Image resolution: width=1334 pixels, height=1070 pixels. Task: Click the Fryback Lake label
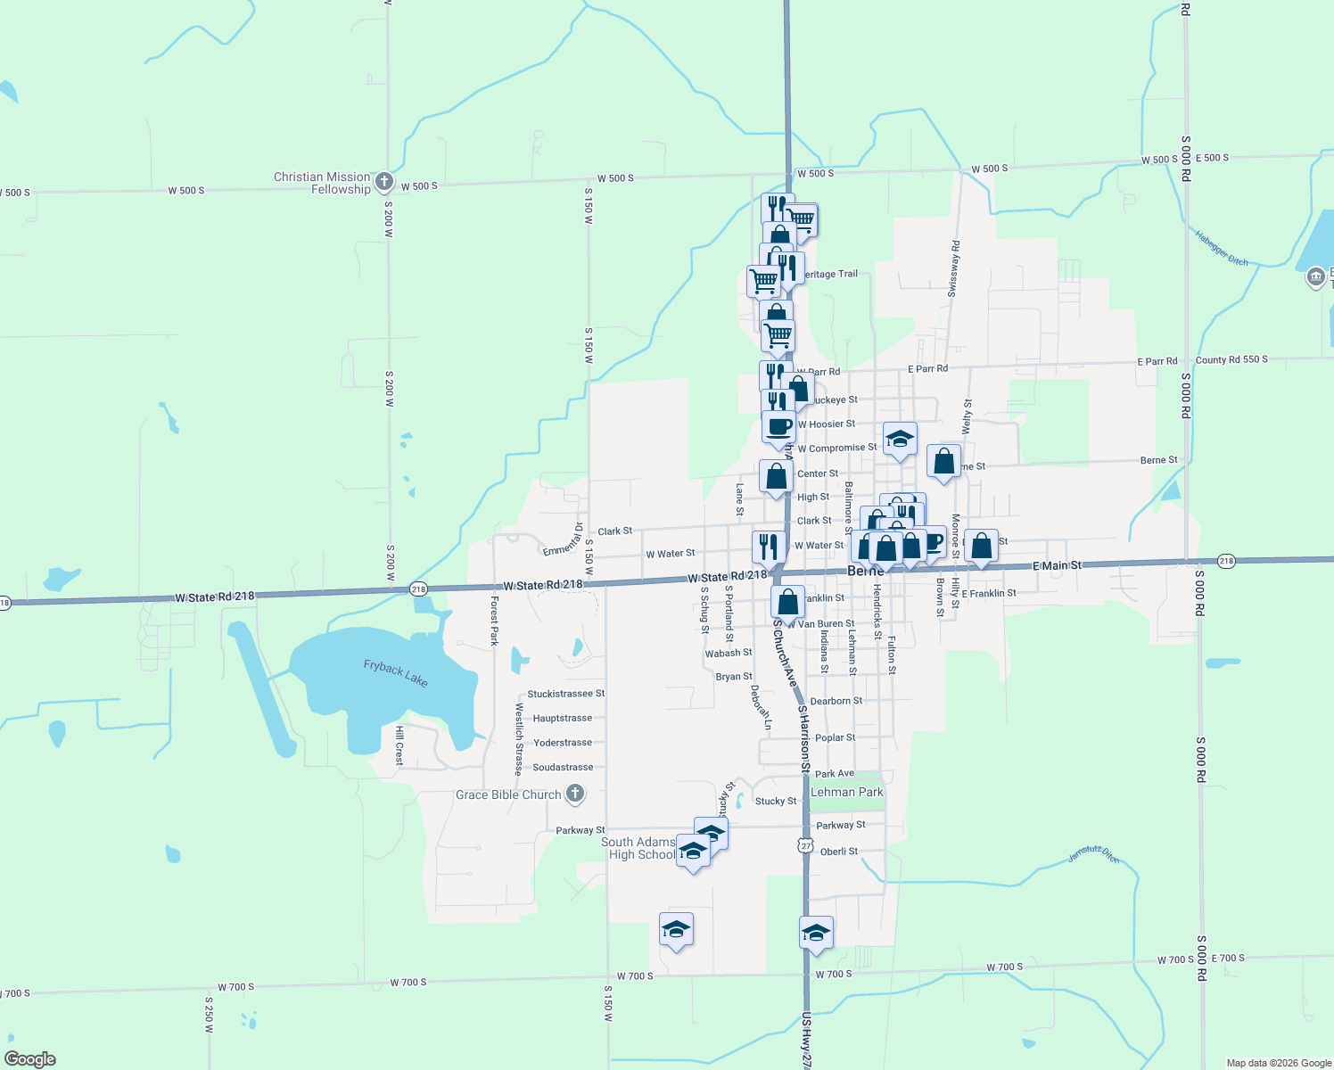(x=395, y=673)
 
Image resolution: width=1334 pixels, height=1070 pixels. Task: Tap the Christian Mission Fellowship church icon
(x=384, y=183)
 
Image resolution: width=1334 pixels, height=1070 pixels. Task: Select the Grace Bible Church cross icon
(x=575, y=793)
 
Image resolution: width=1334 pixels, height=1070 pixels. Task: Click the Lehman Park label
(x=846, y=792)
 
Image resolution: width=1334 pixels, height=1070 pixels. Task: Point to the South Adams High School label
(x=638, y=848)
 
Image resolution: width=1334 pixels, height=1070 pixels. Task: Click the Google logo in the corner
(x=30, y=1058)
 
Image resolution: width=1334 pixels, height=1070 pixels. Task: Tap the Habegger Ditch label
(x=1222, y=248)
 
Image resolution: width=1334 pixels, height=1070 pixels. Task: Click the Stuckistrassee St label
(x=565, y=694)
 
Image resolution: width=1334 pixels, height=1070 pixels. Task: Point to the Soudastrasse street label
(x=563, y=767)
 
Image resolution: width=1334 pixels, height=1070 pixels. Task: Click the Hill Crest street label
(x=399, y=745)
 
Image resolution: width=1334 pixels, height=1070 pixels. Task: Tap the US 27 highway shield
(x=806, y=845)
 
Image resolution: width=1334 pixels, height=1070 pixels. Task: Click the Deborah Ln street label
(x=761, y=707)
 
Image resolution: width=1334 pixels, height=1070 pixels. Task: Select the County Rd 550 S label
(x=1231, y=360)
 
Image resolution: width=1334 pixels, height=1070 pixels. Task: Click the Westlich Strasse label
(x=519, y=739)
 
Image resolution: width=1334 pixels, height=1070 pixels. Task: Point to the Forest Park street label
(x=494, y=621)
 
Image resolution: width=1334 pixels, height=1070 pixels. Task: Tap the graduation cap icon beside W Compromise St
(x=900, y=439)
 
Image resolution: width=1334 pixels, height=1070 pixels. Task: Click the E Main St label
(x=1057, y=565)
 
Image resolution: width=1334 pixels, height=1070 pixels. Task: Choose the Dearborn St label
(x=836, y=701)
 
